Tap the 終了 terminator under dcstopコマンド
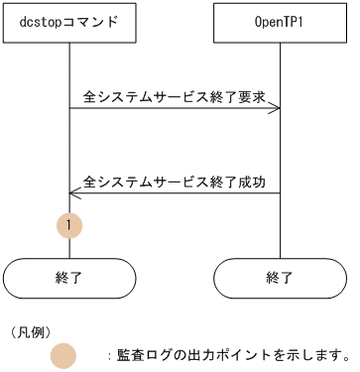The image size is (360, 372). (69, 278)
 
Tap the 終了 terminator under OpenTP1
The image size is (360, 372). (280, 278)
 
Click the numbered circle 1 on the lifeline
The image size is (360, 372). (69, 225)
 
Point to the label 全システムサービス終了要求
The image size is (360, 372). (175, 98)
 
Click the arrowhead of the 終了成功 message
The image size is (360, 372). (73, 192)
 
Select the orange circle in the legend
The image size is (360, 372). (63, 354)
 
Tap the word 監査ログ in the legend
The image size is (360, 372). (144, 354)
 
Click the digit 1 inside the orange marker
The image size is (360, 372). (69, 225)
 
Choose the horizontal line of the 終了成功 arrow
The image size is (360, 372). (175, 192)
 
